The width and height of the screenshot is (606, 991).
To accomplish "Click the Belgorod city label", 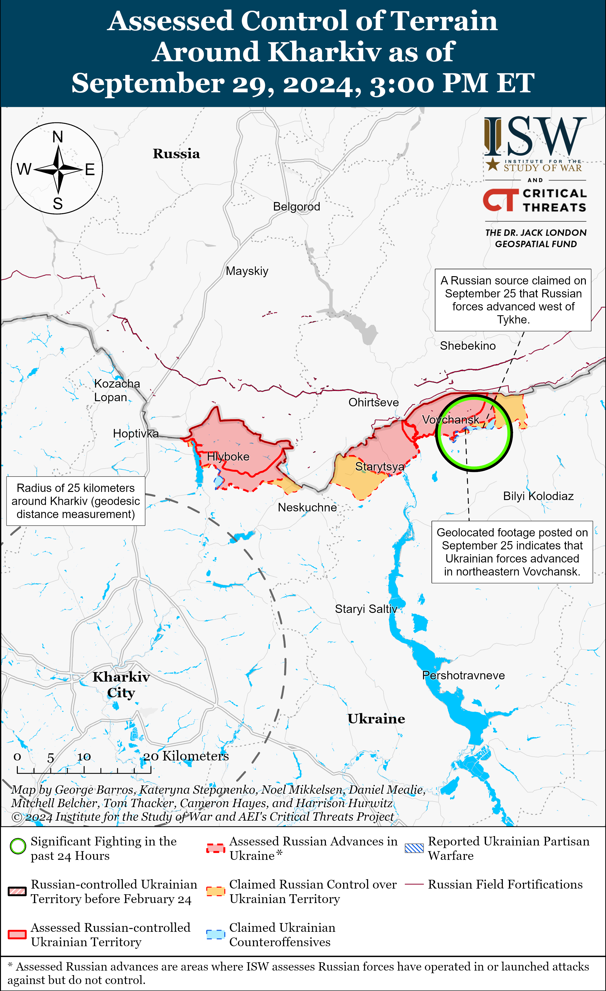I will [296, 207].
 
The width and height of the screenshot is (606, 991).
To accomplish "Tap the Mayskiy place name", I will [247, 271].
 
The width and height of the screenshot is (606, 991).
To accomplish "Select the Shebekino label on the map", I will [468, 346].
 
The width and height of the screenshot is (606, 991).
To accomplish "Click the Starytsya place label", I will [380, 467].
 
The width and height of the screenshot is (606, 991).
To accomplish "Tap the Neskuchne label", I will [307, 508].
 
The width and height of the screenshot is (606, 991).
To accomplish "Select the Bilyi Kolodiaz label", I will [538, 496].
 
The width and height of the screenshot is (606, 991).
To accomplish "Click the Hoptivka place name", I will [135, 433].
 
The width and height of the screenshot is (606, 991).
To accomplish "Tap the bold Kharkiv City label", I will [121, 684].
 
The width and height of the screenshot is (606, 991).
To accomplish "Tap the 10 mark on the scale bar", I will [84, 757].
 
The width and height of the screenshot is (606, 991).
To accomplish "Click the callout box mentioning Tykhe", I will [513, 300].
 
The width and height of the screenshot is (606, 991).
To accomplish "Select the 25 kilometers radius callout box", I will [76, 501].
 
